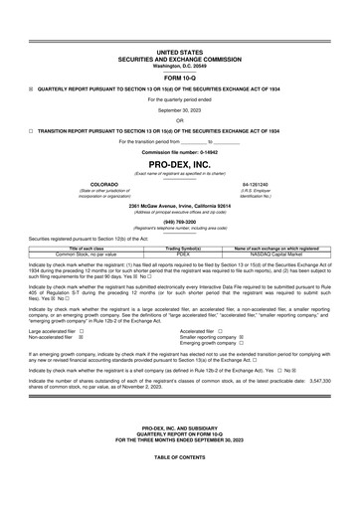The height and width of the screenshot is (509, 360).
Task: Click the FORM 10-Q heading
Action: (x=179, y=76)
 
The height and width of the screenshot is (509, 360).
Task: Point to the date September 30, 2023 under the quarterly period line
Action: (x=179, y=109)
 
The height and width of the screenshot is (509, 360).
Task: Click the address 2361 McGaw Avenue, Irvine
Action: (x=179, y=206)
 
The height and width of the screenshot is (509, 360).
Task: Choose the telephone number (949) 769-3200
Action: (x=179, y=223)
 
